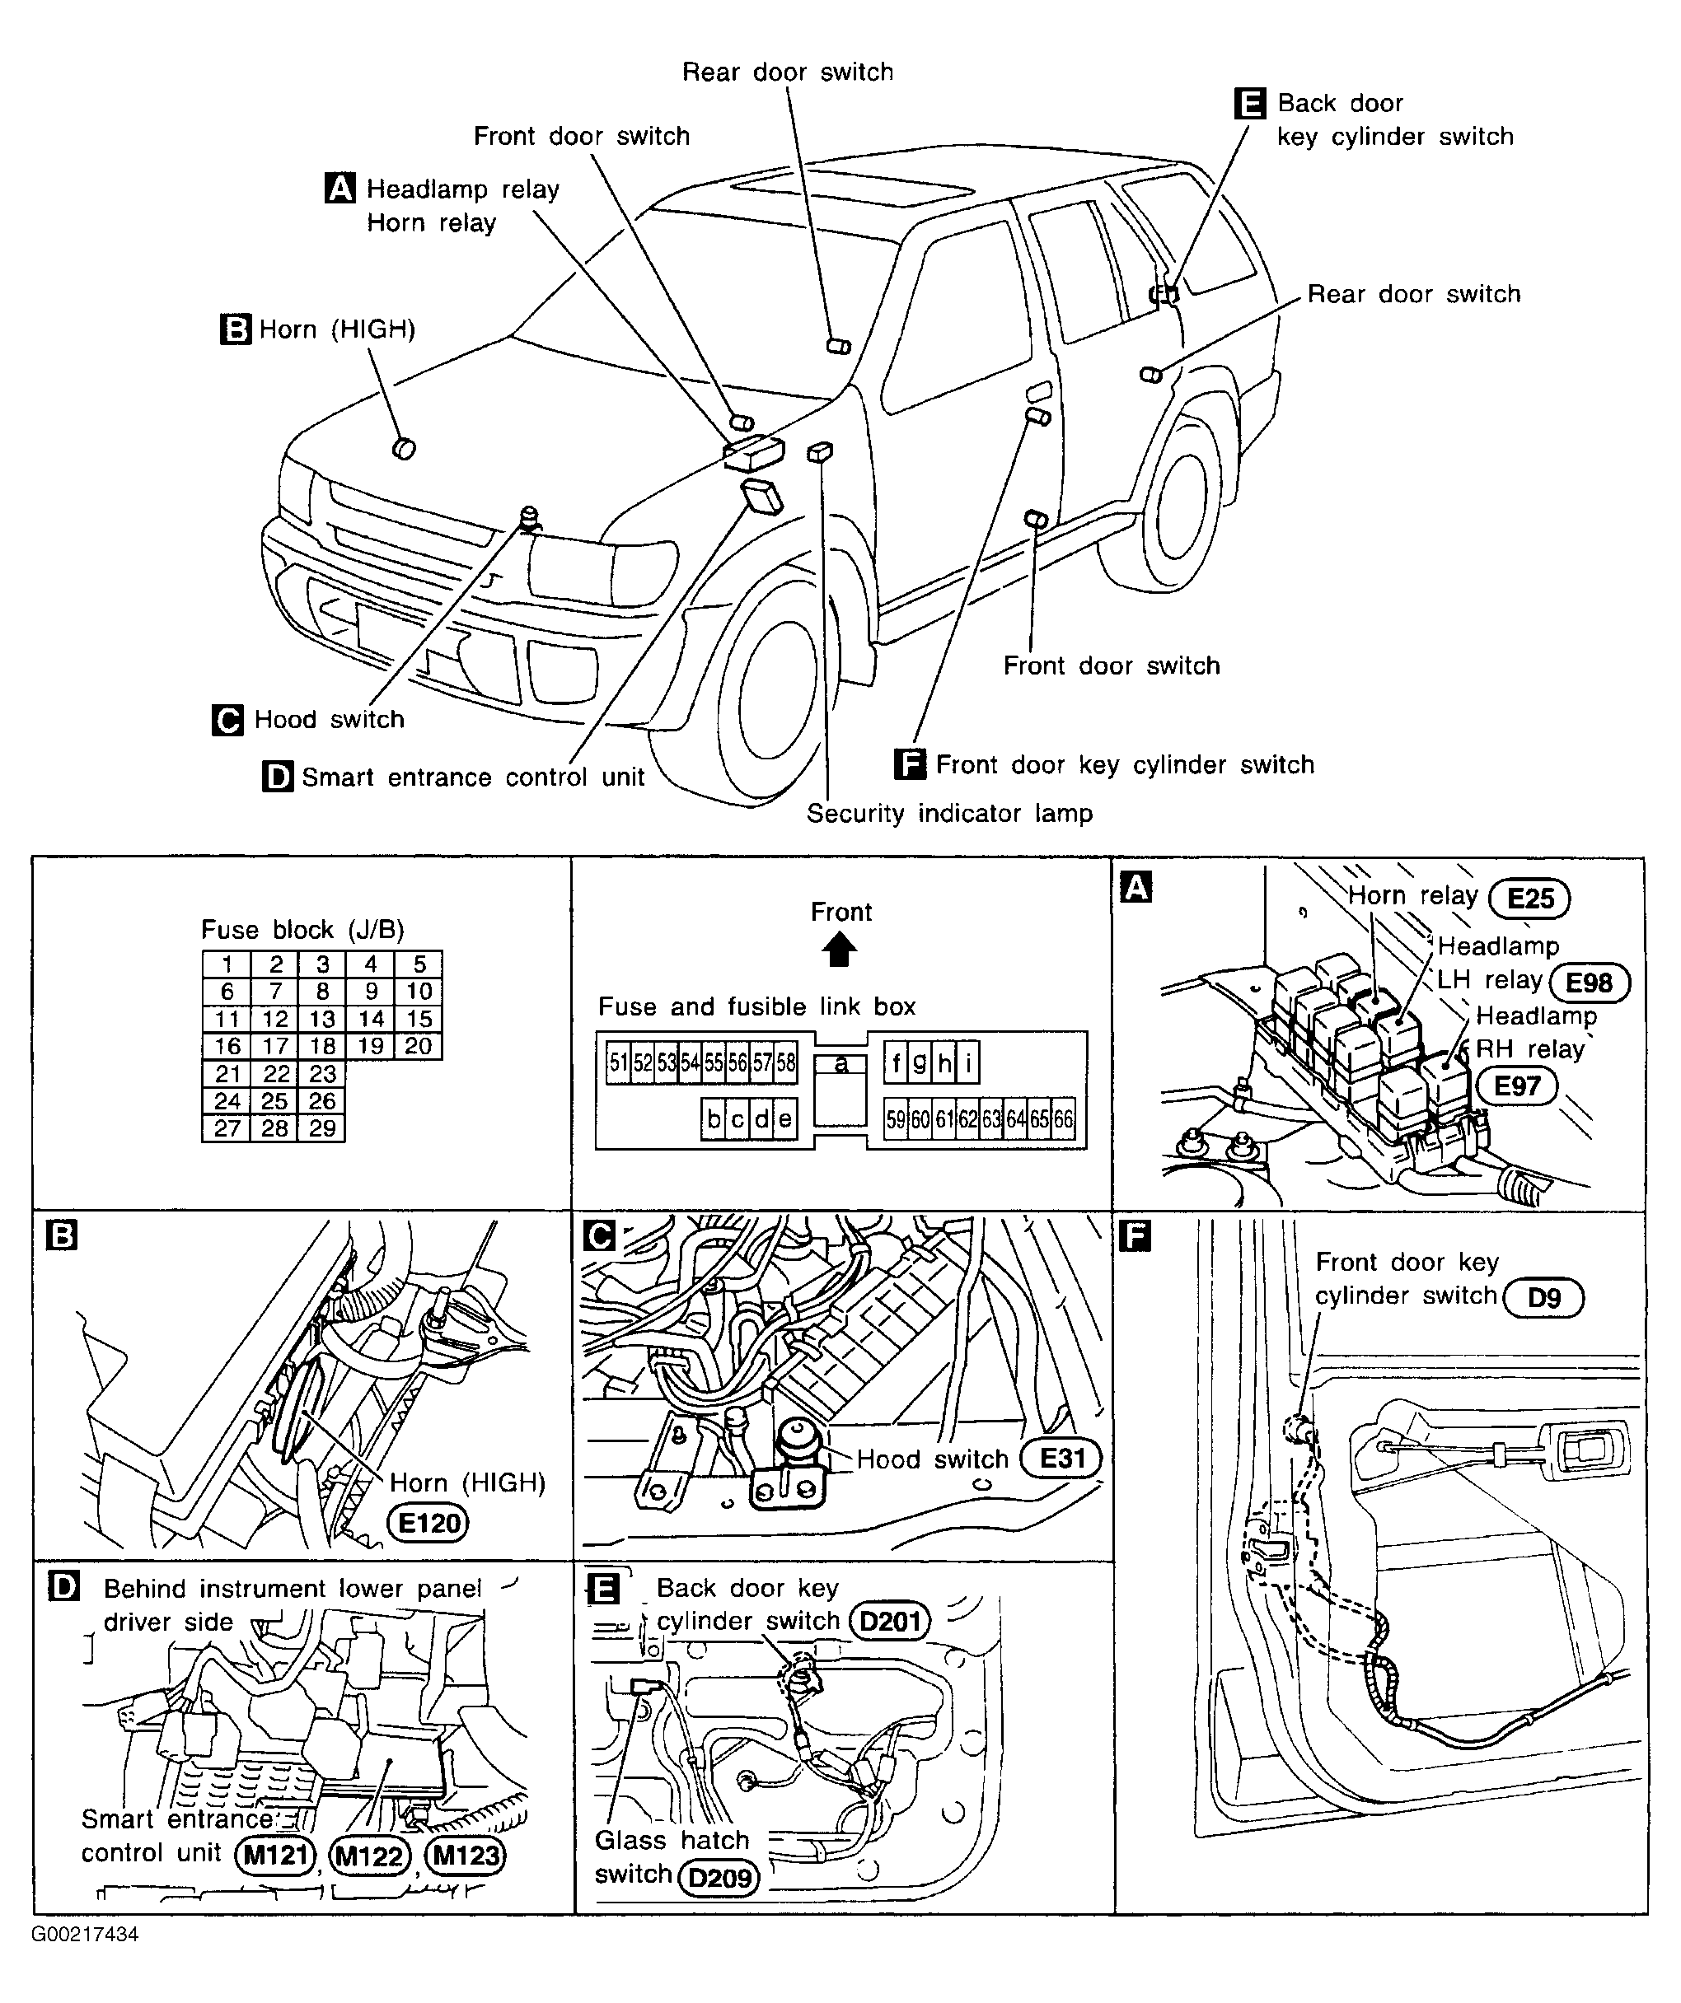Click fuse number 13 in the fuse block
click(322, 1019)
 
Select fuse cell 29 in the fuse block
click(322, 1128)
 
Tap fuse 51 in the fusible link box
click(618, 1062)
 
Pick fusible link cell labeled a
click(840, 1063)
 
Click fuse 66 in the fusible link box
click(1063, 1118)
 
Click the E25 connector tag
click(1530, 899)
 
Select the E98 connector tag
click(1590, 983)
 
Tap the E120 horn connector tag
click(429, 1523)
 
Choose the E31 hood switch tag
click(1062, 1459)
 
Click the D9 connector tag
click(1543, 1298)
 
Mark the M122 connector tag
click(369, 1856)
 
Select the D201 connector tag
click(889, 1621)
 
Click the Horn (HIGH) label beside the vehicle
click(337, 330)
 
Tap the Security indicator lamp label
click(949, 814)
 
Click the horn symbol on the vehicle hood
click(405, 447)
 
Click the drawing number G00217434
click(85, 1935)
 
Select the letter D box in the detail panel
click(63, 1588)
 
